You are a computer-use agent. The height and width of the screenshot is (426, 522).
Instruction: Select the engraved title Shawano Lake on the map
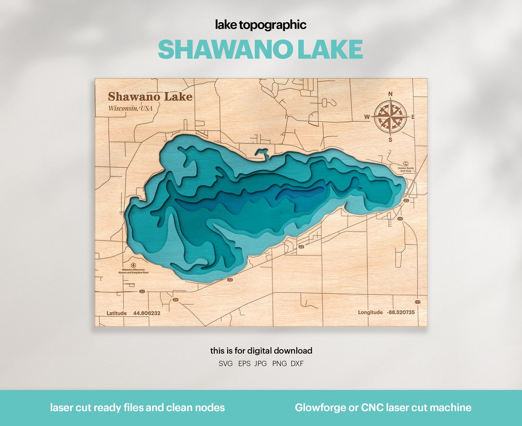pyautogui.click(x=150, y=97)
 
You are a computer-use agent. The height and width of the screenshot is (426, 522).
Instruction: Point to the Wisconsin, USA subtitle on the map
pyautogui.click(x=130, y=108)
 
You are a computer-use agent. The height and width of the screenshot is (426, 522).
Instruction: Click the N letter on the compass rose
pyautogui.click(x=391, y=94)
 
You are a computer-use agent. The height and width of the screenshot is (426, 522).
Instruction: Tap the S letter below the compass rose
pyautogui.click(x=391, y=140)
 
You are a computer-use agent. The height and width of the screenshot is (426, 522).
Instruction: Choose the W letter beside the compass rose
pyautogui.click(x=367, y=117)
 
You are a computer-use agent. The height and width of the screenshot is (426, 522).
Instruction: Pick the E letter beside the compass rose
pyautogui.click(x=413, y=117)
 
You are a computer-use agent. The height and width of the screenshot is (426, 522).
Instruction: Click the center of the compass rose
pyautogui.click(x=391, y=117)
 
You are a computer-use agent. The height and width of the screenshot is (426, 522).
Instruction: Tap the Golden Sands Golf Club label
pyautogui.click(x=406, y=170)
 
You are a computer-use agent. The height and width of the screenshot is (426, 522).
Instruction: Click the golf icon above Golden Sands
pyautogui.click(x=406, y=163)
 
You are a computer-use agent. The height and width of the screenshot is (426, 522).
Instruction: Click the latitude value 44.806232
pyautogui.click(x=147, y=313)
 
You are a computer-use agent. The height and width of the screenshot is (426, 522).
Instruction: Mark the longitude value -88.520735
pyautogui.click(x=401, y=312)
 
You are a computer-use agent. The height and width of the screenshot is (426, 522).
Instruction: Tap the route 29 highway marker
pyautogui.click(x=175, y=300)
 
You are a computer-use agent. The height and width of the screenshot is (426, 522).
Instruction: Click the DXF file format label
pyautogui.click(x=297, y=364)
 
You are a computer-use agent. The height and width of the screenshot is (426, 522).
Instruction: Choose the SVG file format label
pyautogui.click(x=226, y=364)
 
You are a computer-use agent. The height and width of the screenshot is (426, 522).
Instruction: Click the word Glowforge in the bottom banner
pyautogui.click(x=318, y=408)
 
